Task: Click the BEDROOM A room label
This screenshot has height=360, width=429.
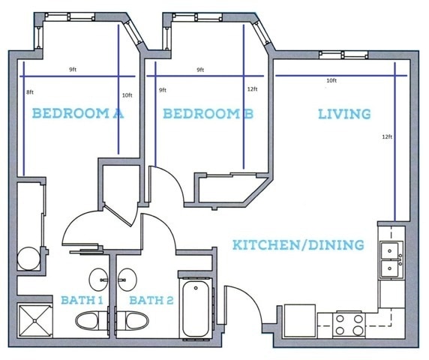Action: [77, 114]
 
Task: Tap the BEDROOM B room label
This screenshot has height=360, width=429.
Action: [208, 114]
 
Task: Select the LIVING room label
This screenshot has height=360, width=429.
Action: [344, 114]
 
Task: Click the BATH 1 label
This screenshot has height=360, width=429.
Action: [81, 301]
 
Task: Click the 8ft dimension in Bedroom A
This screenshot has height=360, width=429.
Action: [30, 91]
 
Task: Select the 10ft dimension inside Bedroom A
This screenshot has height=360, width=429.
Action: [127, 95]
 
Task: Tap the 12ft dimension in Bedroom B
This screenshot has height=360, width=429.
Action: [251, 89]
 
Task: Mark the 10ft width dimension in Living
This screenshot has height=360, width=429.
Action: [331, 81]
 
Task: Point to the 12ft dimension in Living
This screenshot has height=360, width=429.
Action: [387, 136]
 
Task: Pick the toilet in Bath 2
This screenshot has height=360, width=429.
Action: [136, 321]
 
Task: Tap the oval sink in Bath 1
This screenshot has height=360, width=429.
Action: [100, 280]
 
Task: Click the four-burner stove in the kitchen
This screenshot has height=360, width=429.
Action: [348, 324]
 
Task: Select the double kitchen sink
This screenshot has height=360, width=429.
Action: [391, 259]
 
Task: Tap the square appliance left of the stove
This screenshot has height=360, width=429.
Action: [299, 321]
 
